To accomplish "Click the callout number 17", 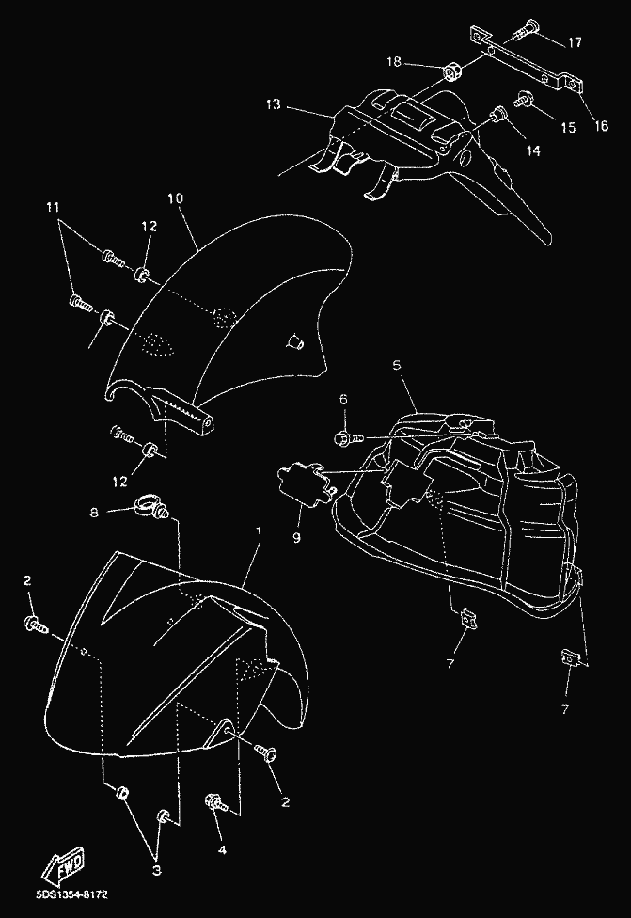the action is pos(575,42).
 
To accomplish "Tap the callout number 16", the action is pos(601,125).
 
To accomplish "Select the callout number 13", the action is pos(273,104).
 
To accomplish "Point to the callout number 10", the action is pos(175,198).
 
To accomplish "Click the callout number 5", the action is pos(397,365).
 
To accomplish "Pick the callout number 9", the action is pos(296,537).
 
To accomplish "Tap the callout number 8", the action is pos(94,513).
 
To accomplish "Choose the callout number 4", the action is pos(222,849).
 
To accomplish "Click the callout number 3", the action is pos(157,871).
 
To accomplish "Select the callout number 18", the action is pos(394,61).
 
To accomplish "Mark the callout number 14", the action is pos(532,151).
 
